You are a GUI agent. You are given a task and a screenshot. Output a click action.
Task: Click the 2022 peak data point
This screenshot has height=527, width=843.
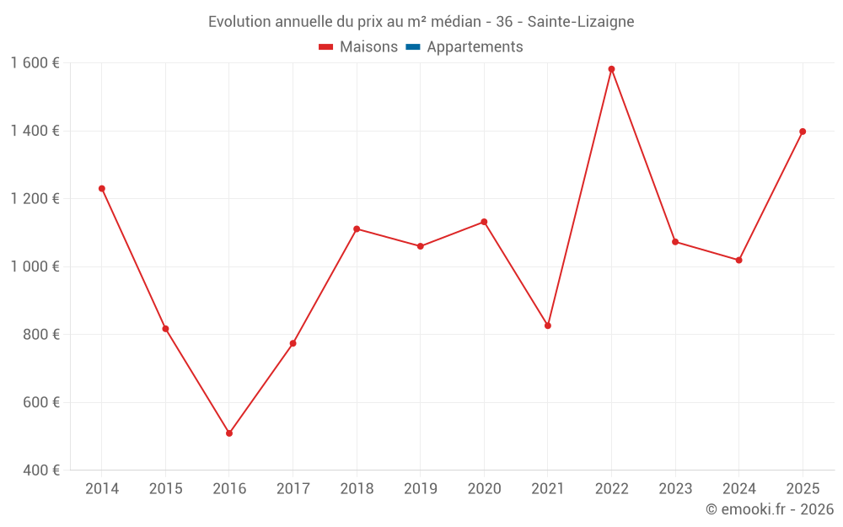[x=611, y=69]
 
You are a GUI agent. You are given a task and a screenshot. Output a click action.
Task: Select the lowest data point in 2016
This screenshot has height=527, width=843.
[x=229, y=433]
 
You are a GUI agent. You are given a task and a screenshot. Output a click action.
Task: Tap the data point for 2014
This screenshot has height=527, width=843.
[x=102, y=189]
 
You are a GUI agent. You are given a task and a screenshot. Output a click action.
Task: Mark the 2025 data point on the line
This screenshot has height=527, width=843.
[x=803, y=132]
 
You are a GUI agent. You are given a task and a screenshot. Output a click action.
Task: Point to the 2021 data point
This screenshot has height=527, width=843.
[x=548, y=325]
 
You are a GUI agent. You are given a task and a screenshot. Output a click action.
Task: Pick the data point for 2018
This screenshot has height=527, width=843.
[x=357, y=229]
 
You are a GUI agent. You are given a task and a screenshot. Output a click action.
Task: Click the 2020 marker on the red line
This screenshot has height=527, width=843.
[x=484, y=222]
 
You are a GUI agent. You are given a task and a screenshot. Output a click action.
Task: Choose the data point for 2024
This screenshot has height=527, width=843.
[x=738, y=261]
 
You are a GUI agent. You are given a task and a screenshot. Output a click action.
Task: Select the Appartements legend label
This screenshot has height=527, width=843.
[x=475, y=47]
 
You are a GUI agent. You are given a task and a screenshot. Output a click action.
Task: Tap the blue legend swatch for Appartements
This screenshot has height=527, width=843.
[x=413, y=47]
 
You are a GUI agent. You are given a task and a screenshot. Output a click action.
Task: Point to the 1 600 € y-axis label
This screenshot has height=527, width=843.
[x=35, y=63]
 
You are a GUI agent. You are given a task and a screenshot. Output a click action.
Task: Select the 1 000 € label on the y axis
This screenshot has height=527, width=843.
[x=35, y=266]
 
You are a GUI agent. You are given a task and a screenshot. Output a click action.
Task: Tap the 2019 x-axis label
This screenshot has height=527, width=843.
[x=421, y=489]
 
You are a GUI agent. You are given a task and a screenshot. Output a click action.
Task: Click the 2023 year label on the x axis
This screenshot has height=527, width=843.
[x=675, y=489]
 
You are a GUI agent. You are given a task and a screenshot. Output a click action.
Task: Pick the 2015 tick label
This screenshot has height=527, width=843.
[x=165, y=489]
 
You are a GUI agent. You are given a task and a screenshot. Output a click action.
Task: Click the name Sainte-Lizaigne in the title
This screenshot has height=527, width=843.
[x=581, y=21]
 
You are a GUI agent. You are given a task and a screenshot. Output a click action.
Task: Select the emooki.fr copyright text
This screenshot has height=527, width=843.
[x=770, y=509]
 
